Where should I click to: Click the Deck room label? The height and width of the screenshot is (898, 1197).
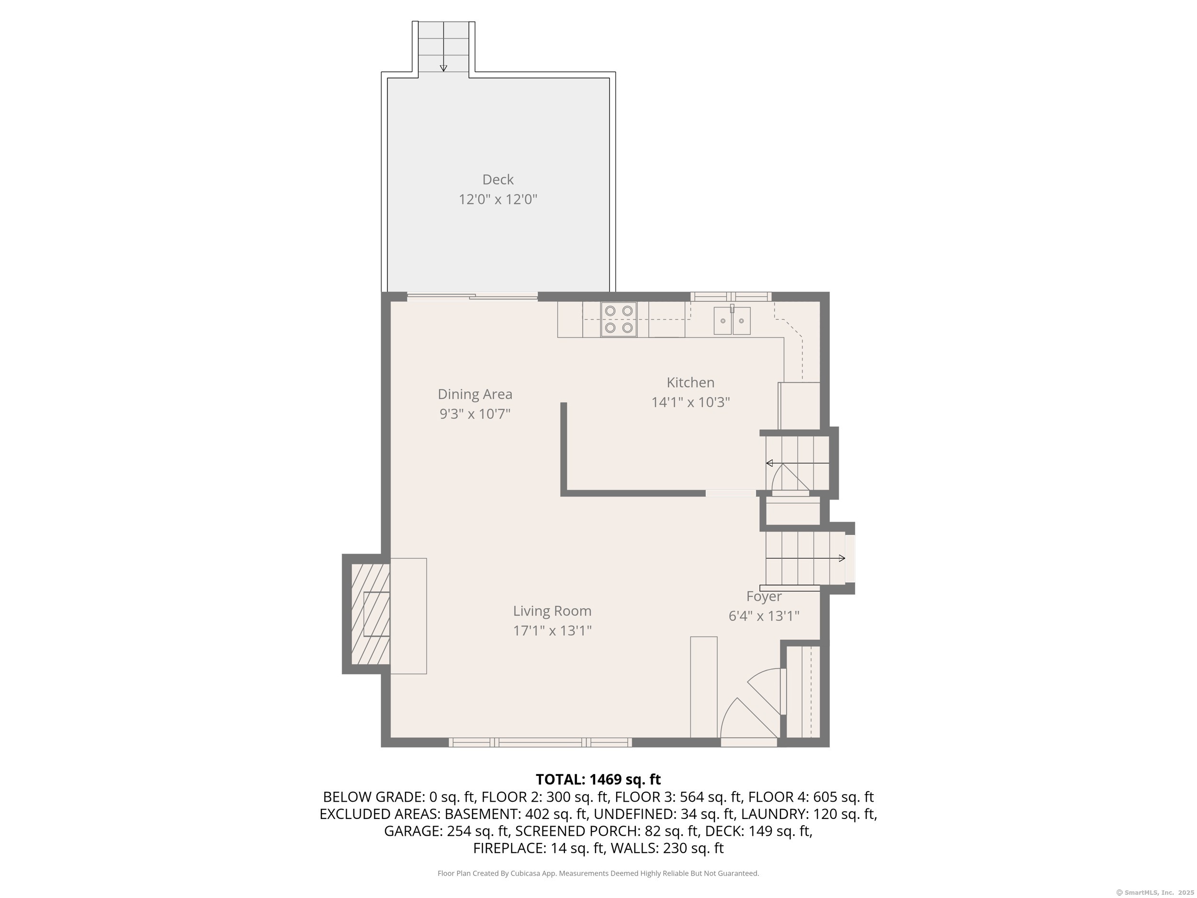coord(498,179)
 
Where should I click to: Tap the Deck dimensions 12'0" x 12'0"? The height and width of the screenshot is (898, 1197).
coord(498,199)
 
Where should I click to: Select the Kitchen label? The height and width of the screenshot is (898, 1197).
coord(690,382)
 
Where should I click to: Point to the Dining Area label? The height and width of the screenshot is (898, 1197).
coord(474,394)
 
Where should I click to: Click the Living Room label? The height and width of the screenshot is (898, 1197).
coord(552,611)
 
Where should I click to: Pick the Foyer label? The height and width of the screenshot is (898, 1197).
coord(764,596)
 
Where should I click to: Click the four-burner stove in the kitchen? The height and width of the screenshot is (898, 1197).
coord(619,319)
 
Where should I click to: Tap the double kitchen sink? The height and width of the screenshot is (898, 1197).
coord(732,320)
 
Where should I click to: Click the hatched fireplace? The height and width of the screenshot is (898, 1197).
coord(371,614)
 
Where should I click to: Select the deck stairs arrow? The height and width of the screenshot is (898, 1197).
coord(443,46)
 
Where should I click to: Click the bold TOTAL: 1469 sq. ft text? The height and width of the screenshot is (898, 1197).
coord(598,779)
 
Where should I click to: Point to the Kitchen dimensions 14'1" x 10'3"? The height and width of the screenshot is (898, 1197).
coord(690,402)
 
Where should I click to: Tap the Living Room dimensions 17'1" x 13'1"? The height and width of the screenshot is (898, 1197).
coord(552,631)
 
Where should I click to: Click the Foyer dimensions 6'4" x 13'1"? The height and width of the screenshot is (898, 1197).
coord(764,616)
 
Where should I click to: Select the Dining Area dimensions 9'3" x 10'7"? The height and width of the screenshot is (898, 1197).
coord(474,414)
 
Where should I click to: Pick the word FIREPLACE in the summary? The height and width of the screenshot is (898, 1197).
coord(509,848)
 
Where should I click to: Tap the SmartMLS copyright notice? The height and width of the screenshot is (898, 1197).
coord(1155,893)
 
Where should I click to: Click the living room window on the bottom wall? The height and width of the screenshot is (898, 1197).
coord(540,743)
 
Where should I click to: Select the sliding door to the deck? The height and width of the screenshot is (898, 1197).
coord(473,296)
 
